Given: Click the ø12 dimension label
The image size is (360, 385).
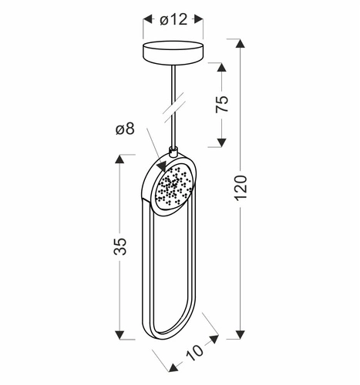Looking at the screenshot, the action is [x=173, y=19].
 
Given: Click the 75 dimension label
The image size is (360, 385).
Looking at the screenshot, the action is [x=221, y=104].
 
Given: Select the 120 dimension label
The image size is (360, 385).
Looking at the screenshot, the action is [x=241, y=188].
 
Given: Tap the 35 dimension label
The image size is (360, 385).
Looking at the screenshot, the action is [x=120, y=246].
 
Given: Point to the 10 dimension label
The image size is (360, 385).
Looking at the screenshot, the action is [x=194, y=352].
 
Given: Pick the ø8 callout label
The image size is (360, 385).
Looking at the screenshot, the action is [x=125, y=129].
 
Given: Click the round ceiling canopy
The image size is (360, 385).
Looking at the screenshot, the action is [x=173, y=52].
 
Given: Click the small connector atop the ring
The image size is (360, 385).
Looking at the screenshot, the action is [x=173, y=151].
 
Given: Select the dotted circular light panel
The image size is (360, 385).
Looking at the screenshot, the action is [x=173, y=186].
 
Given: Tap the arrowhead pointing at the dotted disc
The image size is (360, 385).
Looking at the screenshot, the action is [x=163, y=166].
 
